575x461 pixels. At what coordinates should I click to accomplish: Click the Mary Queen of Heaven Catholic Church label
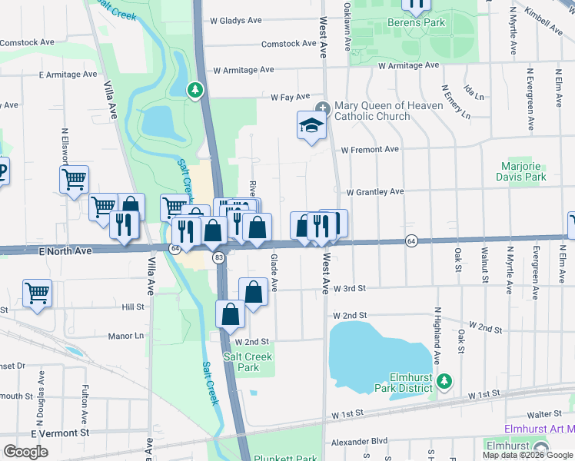[x=387, y=111]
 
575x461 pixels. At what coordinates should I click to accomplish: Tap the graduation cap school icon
[x=311, y=126]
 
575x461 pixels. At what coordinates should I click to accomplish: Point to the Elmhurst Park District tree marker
[x=444, y=381]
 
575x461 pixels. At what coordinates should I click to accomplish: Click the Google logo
[x=26, y=451]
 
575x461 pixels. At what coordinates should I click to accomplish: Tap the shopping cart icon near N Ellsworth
[x=74, y=180]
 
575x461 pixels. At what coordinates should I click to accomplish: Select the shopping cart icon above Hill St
[x=37, y=293]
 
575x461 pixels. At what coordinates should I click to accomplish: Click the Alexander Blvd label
[x=360, y=442]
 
